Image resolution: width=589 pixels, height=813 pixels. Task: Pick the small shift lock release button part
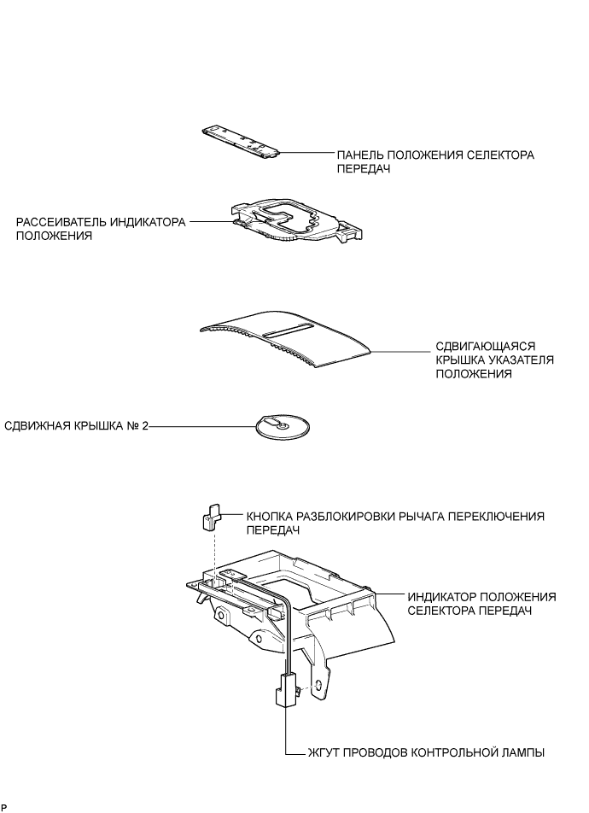pyautogui.click(x=210, y=518)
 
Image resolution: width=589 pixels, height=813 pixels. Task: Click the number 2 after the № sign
pyautogui.click(x=144, y=426)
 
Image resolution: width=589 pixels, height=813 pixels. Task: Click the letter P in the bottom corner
pyautogui.click(x=4, y=807)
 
